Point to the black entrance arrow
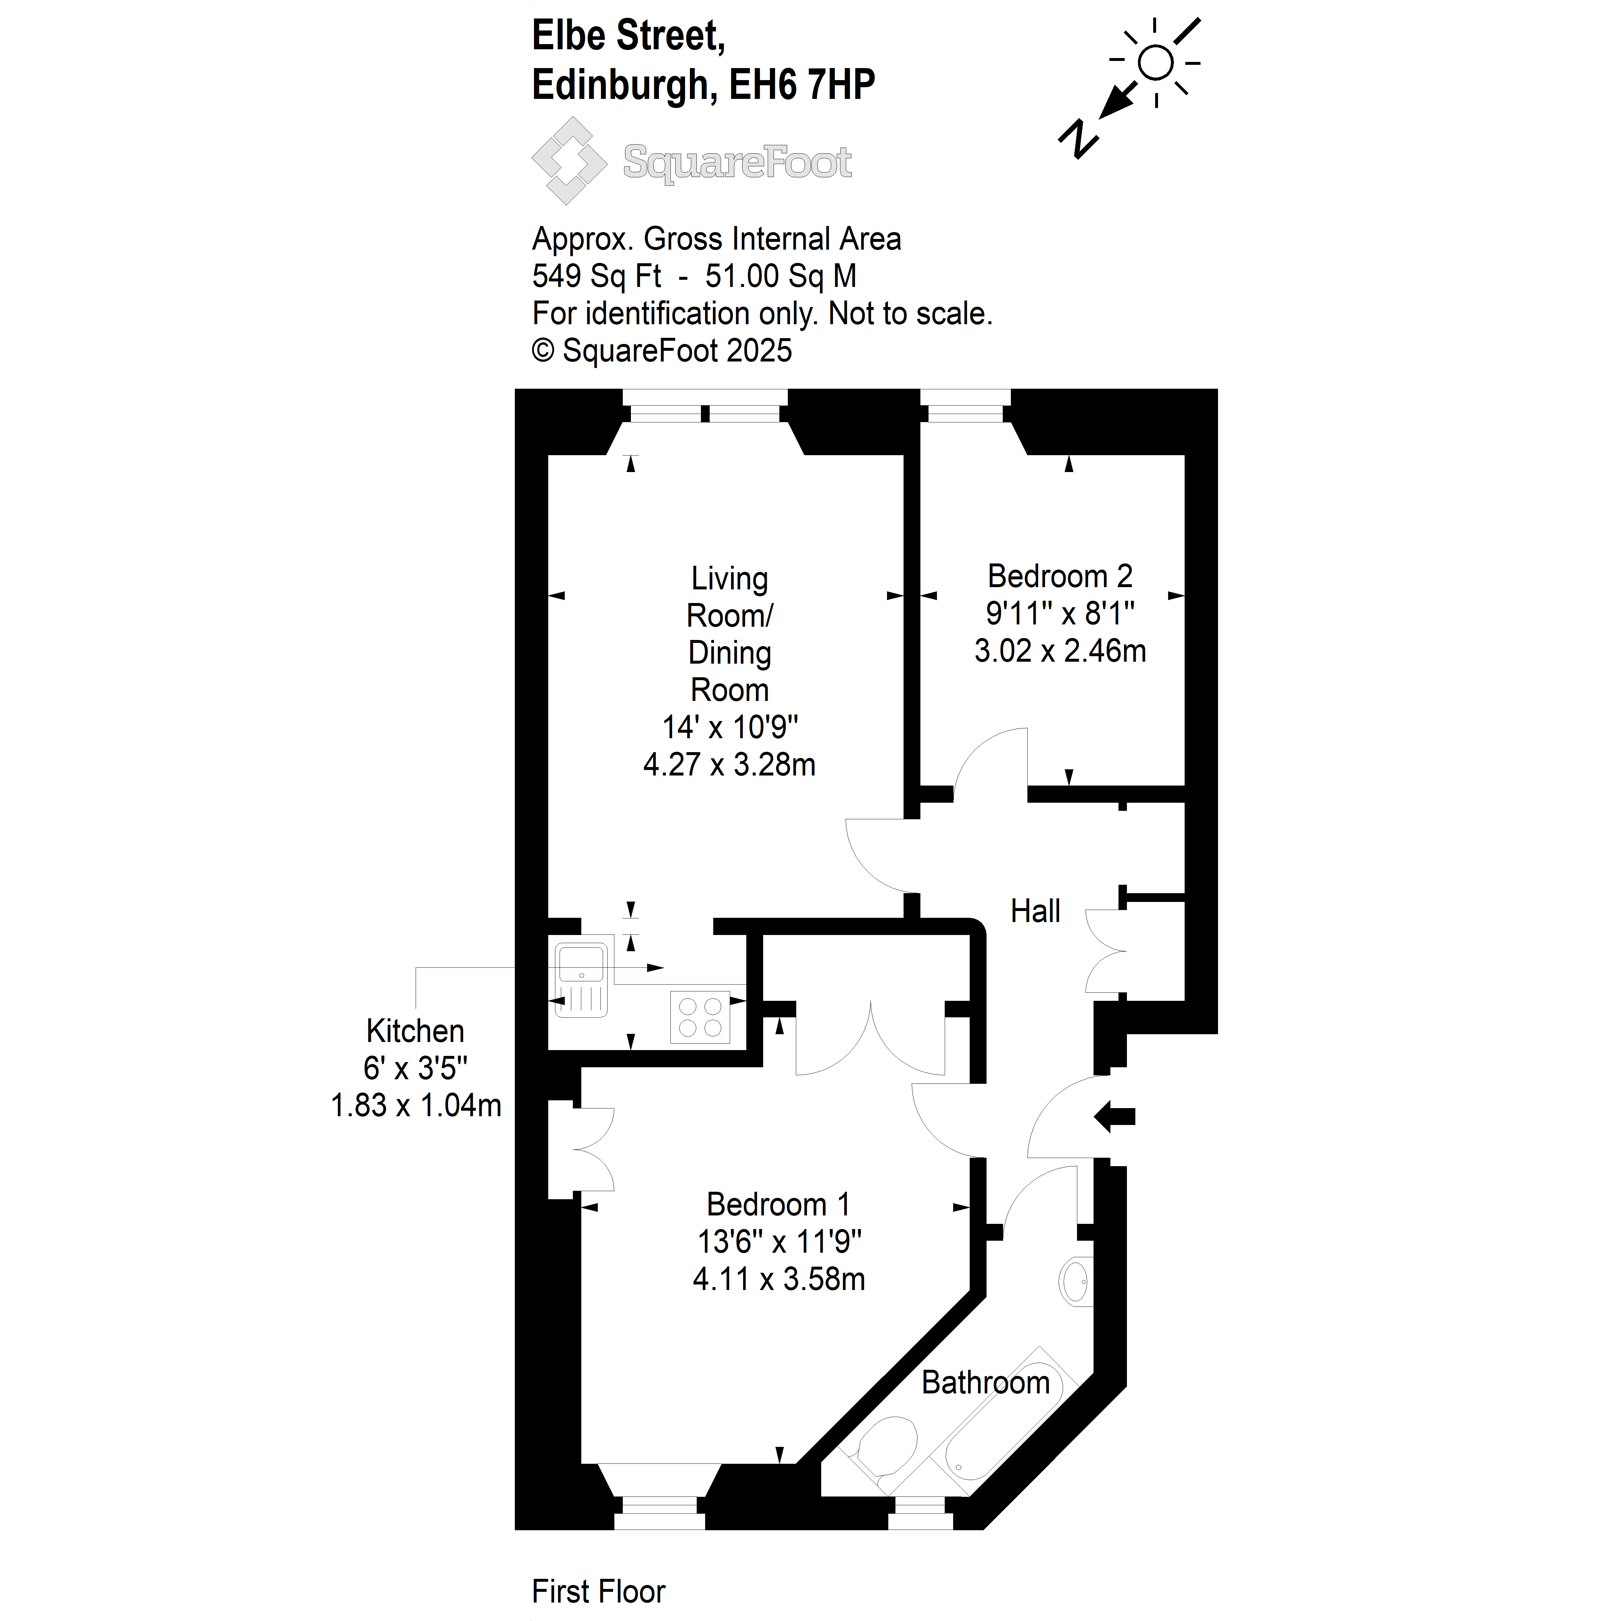(x=1114, y=1117)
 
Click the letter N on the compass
(x=1078, y=138)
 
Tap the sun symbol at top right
(x=1156, y=63)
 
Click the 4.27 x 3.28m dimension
(x=729, y=764)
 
